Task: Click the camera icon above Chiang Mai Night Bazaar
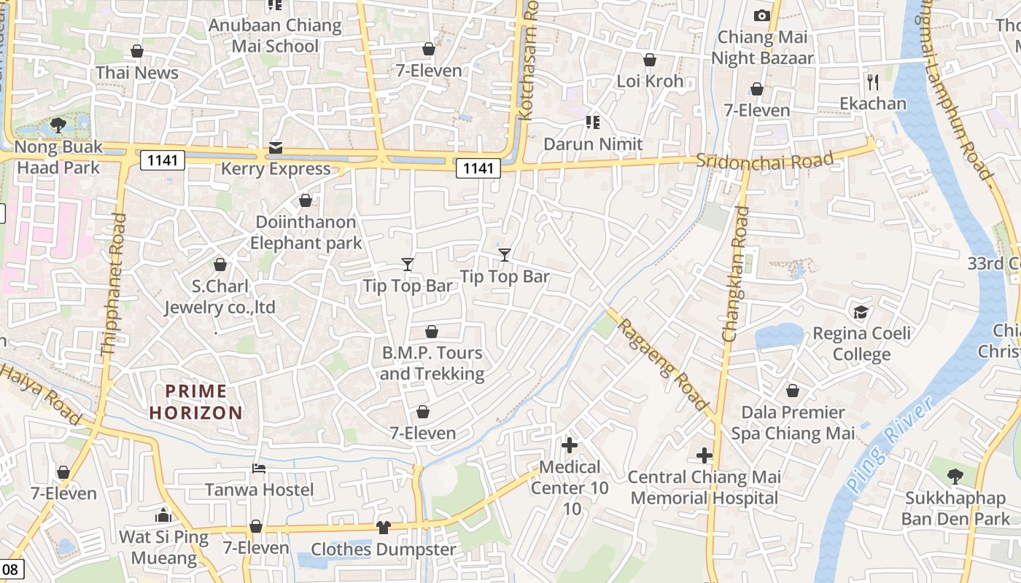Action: [761, 15]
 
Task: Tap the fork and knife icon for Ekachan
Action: [872, 81]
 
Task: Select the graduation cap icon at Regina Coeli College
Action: [861, 312]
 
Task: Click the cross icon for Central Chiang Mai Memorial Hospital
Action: [704, 456]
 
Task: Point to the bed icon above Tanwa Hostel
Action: [258, 469]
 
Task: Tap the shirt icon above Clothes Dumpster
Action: [384, 527]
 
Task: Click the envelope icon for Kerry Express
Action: [276, 148]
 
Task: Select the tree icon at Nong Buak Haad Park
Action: [58, 125]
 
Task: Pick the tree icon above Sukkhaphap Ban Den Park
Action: [955, 477]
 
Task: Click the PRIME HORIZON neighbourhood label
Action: [196, 402]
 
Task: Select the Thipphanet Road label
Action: [114, 284]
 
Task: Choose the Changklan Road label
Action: [735, 274]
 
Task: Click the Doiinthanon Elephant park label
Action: [306, 232]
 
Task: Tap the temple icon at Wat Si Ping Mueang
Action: [163, 516]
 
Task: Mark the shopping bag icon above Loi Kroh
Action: [649, 60]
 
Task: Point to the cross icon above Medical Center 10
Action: [570, 445]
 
